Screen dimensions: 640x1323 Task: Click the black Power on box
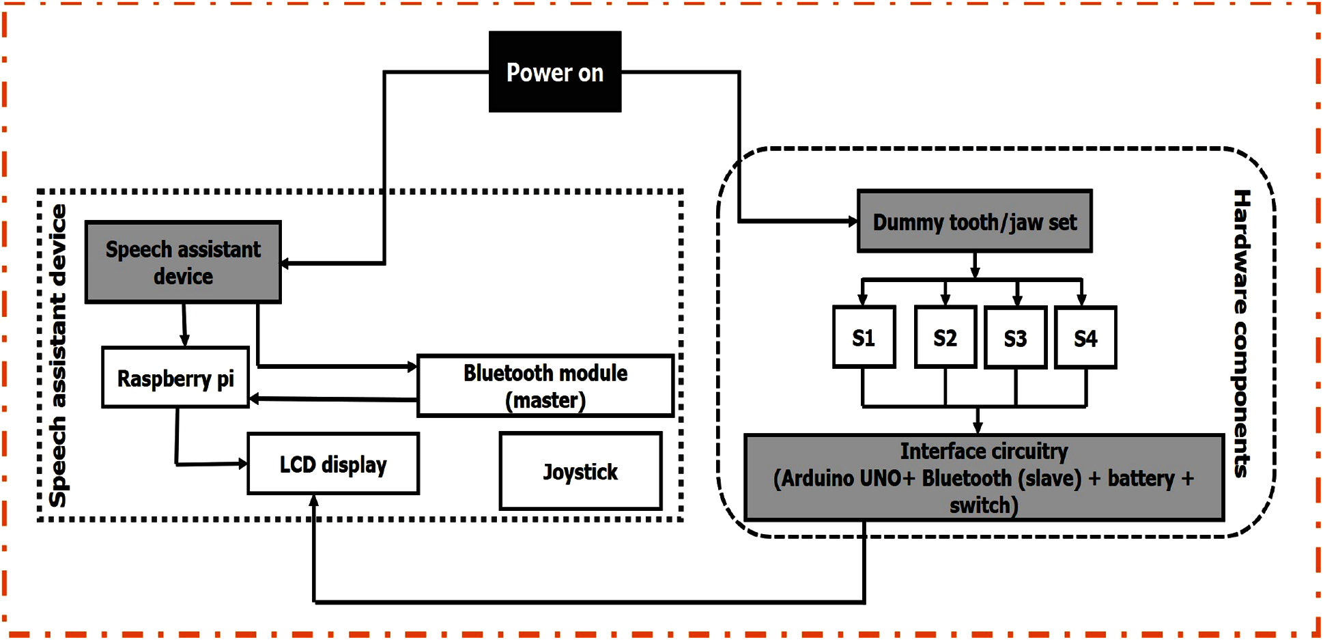pyautogui.click(x=555, y=72)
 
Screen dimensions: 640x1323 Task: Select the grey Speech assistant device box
pyautogui.click(x=183, y=262)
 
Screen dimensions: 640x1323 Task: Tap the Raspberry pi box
pyautogui.click(x=175, y=378)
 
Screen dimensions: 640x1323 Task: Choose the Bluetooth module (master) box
pyautogui.click(x=545, y=386)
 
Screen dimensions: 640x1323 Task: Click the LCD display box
pyautogui.click(x=333, y=464)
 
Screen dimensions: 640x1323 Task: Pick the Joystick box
pyautogui.click(x=580, y=471)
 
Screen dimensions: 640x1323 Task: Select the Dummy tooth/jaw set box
pyautogui.click(x=975, y=221)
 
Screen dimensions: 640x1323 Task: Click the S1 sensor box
pyautogui.click(x=864, y=337)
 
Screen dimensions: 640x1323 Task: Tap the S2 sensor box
pyautogui.click(x=945, y=337)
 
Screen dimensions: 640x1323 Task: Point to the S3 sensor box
pyautogui.click(x=1015, y=338)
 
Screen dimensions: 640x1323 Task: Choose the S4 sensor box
pyautogui.click(x=1085, y=338)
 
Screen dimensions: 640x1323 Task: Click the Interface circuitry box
pyautogui.click(x=984, y=477)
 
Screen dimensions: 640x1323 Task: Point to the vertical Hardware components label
pyautogui.click(x=1242, y=333)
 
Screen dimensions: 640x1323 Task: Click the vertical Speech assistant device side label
pyautogui.click(x=59, y=355)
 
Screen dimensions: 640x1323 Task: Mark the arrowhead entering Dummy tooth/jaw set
pyautogui.click(x=853, y=221)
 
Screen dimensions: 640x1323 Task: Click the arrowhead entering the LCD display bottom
pyautogui.click(x=314, y=501)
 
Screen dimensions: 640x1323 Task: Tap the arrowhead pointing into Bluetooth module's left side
pyautogui.click(x=412, y=367)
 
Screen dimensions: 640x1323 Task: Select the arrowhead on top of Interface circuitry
pyautogui.click(x=978, y=428)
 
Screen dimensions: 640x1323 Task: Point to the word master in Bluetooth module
pyautogui.click(x=545, y=400)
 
